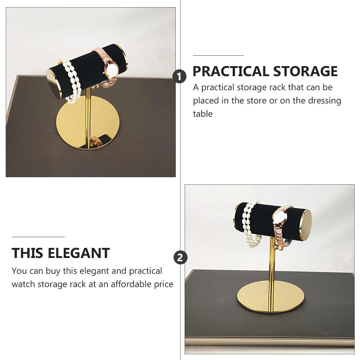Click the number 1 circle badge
[x=179, y=76]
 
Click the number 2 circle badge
[x=180, y=257]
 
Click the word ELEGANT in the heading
[x=79, y=253]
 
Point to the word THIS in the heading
[x=27, y=253]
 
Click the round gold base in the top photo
[x=88, y=123]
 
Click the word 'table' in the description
[x=203, y=114]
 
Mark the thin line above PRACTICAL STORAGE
[x=218, y=56]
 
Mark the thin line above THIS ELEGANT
[x=38, y=237]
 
